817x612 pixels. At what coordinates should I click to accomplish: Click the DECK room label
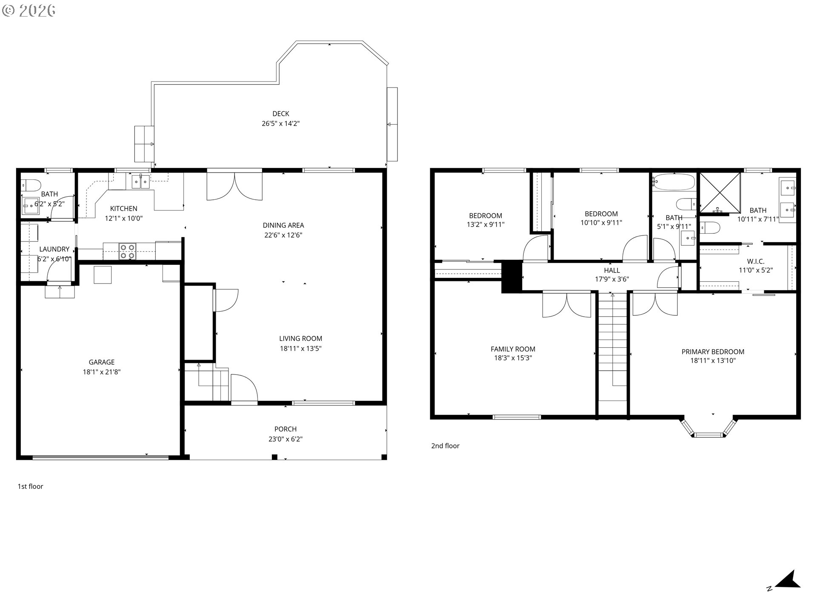280,113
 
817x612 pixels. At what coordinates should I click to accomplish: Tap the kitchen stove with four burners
127,251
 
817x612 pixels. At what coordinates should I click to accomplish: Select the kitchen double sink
140,182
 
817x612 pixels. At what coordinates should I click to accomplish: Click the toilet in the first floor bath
31,185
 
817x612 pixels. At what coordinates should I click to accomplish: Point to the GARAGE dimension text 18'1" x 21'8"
101,372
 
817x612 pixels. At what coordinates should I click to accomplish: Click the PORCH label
285,429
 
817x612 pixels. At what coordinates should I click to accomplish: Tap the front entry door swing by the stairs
244,387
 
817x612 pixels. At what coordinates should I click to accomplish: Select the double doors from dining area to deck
234,185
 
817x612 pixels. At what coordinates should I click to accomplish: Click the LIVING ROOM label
300,339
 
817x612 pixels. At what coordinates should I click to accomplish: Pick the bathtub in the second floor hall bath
674,182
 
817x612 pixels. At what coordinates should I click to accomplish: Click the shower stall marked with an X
720,193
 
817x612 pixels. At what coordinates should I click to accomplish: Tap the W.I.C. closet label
755,261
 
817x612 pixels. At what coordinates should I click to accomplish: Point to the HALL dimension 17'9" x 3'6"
611,279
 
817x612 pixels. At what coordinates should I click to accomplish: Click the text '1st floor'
30,486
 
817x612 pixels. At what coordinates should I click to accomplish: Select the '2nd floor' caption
445,446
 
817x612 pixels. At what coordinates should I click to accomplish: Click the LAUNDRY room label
54,249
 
